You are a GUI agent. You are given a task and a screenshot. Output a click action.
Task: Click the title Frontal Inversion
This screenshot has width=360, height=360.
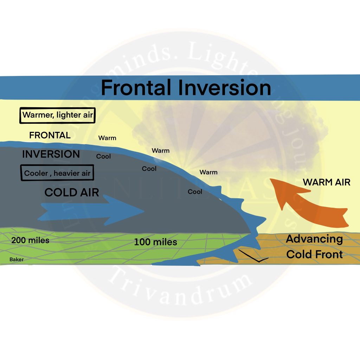tap(186, 88)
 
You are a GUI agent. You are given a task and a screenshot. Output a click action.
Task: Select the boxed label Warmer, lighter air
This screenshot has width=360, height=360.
tap(57, 115)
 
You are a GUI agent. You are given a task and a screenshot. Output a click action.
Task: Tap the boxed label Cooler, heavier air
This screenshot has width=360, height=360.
tap(57, 173)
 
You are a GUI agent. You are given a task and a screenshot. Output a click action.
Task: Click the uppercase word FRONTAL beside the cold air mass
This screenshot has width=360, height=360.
tap(50, 135)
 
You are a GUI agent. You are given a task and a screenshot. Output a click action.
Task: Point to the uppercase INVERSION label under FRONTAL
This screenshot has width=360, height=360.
tap(51, 154)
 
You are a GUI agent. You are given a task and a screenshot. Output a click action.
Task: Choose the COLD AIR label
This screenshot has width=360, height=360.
tap(72, 192)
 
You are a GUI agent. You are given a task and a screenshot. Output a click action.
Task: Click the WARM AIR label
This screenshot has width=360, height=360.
tap(327, 182)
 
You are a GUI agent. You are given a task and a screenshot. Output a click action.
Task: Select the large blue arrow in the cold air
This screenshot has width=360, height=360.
tap(91, 211)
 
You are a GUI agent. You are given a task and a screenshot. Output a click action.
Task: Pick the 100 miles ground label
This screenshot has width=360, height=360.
tap(155, 242)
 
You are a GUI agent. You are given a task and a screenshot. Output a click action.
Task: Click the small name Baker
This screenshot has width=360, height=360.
tap(17, 259)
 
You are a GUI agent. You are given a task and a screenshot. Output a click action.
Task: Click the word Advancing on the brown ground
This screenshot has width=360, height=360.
tap(314, 239)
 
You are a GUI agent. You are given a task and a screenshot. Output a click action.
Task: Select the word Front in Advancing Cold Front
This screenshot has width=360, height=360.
tap(329, 254)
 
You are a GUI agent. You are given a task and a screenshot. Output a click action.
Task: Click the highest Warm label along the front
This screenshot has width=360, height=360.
tap(107, 138)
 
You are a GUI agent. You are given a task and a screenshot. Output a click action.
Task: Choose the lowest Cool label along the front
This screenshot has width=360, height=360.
tap(195, 192)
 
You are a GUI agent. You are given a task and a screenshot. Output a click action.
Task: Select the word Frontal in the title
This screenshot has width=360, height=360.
tap(137, 88)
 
